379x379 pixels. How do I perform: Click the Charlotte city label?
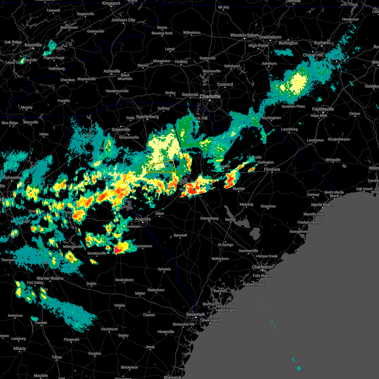click(210, 96)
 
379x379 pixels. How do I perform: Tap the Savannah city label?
click(195, 315)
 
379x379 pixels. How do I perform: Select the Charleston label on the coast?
click(262, 267)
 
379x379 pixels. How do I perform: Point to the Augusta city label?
click(142, 219)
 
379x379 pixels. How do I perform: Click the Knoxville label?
click(33, 45)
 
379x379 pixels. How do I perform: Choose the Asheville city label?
click(112, 71)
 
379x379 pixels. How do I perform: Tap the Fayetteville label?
click(323, 109)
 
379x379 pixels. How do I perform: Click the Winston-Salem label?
click(244, 35)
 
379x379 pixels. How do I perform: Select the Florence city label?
click(272, 170)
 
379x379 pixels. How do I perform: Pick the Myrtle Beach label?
click(322, 205)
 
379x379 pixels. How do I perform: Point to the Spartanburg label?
click(147, 117)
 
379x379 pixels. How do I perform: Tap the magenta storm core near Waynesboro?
click(116, 250)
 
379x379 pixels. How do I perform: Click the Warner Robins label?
click(50, 279)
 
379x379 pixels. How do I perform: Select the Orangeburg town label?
click(209, 218)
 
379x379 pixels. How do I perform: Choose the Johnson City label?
click(123, 20)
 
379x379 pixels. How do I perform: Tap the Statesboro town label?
click(156, 290)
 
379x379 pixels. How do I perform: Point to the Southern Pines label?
click(293, 106)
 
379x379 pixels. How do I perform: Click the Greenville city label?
click(121, 130)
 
